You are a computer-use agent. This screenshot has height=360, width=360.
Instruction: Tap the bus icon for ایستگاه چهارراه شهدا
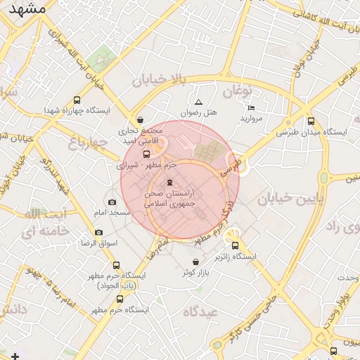(x=77, y=100)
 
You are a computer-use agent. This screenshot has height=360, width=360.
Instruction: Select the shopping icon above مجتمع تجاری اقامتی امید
(x=141, y=120)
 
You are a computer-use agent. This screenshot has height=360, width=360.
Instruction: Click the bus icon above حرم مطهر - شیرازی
(x=146, y=154)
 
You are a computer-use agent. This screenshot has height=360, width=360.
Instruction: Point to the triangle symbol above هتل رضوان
(x=198, y=102)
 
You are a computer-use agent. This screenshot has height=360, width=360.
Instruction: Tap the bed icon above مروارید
(x=252, y=108)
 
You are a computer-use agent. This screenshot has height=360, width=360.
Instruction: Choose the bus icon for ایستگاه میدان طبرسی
(x=311, y=121)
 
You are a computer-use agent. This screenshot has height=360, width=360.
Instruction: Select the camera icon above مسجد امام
(x=112, y=202)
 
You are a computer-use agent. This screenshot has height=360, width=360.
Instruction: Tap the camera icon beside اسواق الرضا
(x=98, y=233)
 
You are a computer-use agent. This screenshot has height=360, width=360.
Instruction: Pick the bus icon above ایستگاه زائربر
(x=235, y=246)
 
